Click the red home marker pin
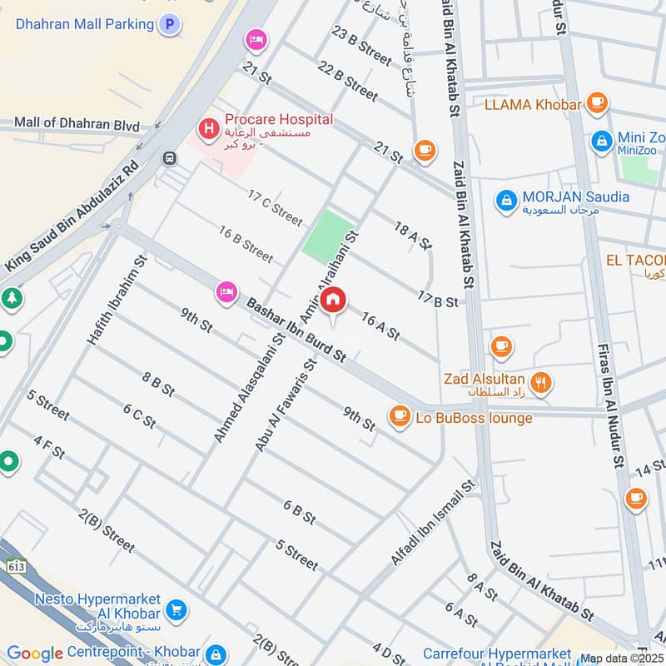click(x=334, y=301)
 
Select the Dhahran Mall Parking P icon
click(x=170, y=25)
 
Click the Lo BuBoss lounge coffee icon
click(x=400, y=415)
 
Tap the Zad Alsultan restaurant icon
click(x=540, y=383)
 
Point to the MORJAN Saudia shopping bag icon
click(x=505, y=200)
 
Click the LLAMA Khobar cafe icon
click(x=596, y=103)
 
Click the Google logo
click(x=35, y=654)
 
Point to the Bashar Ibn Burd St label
click(x=296, y=331)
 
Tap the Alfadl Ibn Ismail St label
click(x=433, y=522)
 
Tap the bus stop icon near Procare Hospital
click(x=170, y=158)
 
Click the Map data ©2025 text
click(x=621, y=658)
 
